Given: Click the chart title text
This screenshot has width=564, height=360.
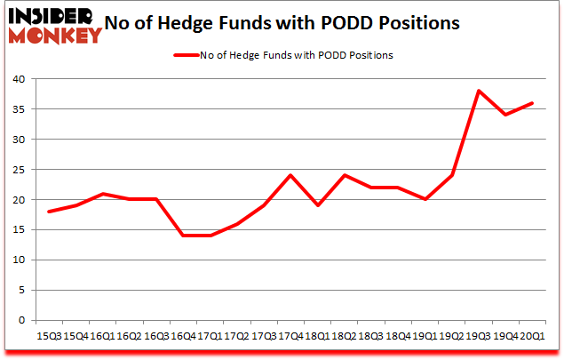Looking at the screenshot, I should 282,24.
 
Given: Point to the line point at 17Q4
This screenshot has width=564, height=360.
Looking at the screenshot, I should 290,175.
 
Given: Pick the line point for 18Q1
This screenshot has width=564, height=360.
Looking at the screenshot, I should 318,205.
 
